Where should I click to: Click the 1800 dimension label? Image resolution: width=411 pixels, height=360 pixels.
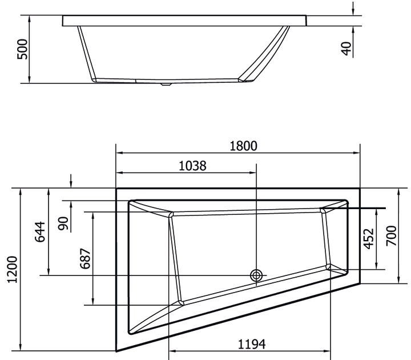click(x=244, y=146)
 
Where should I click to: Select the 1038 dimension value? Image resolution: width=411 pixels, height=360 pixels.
click(x=192, y=166)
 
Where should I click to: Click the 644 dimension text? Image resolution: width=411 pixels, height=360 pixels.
click(x=41, y=231)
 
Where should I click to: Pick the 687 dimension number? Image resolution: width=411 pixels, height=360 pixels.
click(x=84, y=258)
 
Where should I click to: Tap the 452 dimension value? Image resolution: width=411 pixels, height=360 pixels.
click(x=369, y=239)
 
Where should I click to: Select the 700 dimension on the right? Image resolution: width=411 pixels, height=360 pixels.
click(x=391, y=235)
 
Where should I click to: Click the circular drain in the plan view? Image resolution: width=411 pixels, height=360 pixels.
click(x=256, y=275)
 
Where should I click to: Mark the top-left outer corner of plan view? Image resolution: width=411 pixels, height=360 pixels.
click(x=116, y=187)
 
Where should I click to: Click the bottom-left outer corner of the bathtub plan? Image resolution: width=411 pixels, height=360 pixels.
click(x=116, y=351)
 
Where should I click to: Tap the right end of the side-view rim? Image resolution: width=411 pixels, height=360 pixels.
click(x=307, y=21)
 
